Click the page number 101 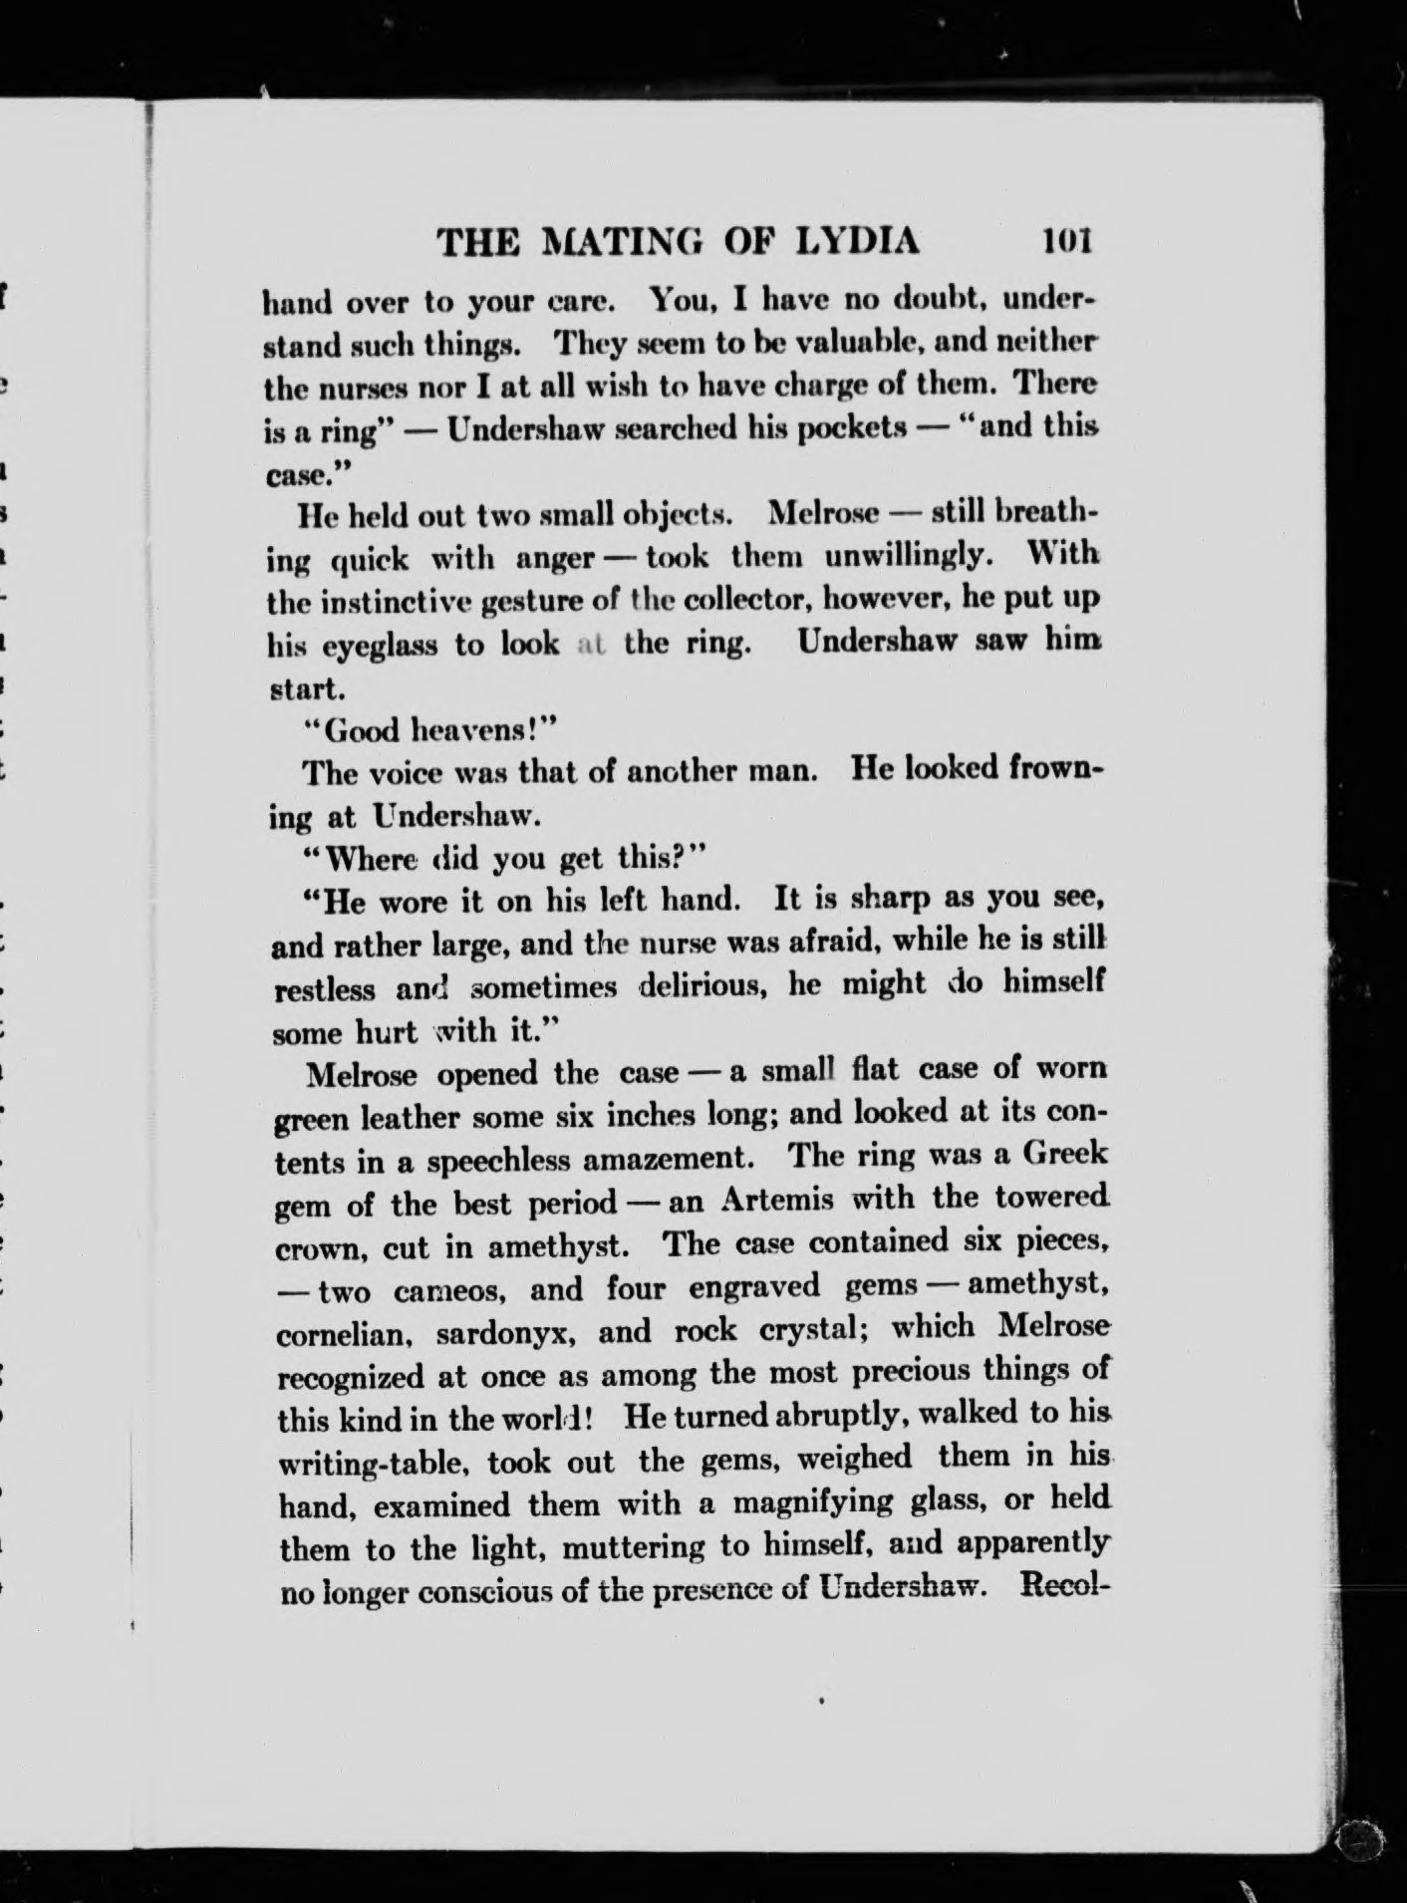coord(1066,242)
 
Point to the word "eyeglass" coord(365,646)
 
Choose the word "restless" coord(325,990)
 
